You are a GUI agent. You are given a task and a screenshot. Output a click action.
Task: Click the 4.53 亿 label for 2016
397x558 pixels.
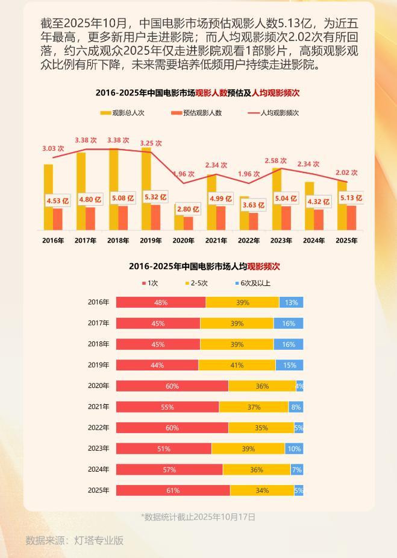[58, 201]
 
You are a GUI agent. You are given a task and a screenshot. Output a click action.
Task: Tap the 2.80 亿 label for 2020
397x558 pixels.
[188, 209]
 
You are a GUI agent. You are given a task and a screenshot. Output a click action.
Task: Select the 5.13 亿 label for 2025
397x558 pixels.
[351, 198]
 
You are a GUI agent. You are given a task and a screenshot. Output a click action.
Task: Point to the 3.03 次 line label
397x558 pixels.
[53, 148]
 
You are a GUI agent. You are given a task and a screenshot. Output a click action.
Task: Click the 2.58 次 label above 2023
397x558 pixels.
[275, 161]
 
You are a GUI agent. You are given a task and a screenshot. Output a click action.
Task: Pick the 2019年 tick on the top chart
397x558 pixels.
[151, 241]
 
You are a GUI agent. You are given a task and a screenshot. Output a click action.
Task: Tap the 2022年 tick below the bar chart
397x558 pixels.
[248, 241]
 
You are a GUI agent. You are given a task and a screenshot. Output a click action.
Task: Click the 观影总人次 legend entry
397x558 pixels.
[122, 113]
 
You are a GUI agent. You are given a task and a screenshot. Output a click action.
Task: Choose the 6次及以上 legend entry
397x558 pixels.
[252, 283]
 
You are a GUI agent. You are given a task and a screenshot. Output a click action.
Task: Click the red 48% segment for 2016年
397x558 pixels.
[160, 302]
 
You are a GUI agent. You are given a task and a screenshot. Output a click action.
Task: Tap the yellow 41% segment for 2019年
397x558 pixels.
[237, 365]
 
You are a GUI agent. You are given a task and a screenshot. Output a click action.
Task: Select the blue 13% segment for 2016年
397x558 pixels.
[291, 302]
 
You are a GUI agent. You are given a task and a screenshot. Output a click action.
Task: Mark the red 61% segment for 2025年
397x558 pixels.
[173, 490]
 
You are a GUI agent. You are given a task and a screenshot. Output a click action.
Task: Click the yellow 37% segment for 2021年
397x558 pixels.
[254, 407]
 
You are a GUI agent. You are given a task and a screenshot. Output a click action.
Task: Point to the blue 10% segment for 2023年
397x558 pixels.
[293, 449]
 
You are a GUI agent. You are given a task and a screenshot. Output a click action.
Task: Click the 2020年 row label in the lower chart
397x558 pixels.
[98, 386]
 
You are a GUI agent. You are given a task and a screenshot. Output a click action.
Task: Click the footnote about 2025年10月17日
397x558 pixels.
[198, 517]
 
